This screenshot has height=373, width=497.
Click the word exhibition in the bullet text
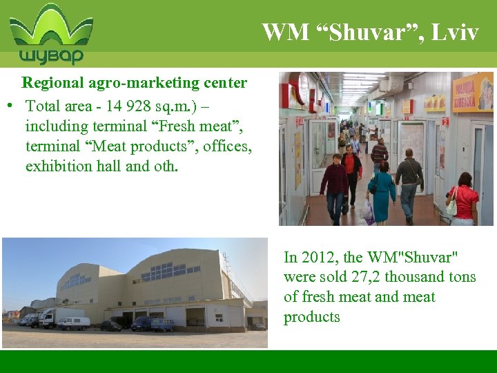59,166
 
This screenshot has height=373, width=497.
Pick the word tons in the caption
460,277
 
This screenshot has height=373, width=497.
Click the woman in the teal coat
382,189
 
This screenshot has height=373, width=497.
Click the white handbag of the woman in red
452,204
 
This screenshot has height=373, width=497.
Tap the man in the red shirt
351,169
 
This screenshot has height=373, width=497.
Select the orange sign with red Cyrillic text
472,93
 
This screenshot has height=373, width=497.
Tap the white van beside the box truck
74,323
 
